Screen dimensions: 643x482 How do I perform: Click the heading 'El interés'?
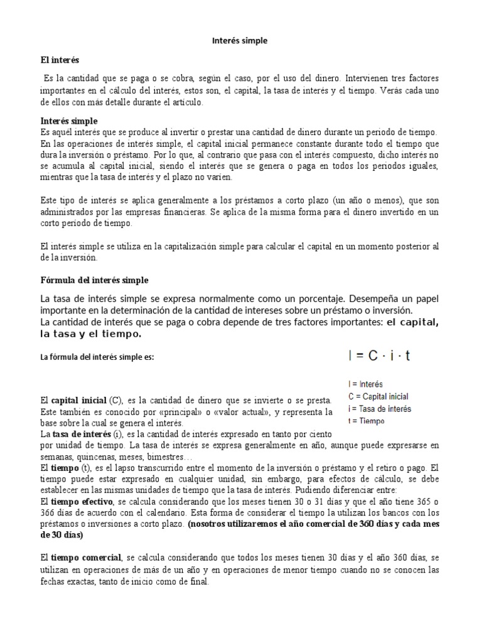60,61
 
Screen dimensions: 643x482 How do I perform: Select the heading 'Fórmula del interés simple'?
95,279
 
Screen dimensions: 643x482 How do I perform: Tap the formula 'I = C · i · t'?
379,356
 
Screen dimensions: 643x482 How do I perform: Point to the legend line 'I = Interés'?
365,384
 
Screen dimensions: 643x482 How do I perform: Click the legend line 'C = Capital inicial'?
378,396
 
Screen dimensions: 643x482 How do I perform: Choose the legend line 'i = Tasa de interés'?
379,409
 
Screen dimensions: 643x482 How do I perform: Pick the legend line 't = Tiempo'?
367,421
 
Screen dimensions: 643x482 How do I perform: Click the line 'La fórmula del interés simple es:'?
97,358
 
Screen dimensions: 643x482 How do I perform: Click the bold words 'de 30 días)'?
61,536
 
